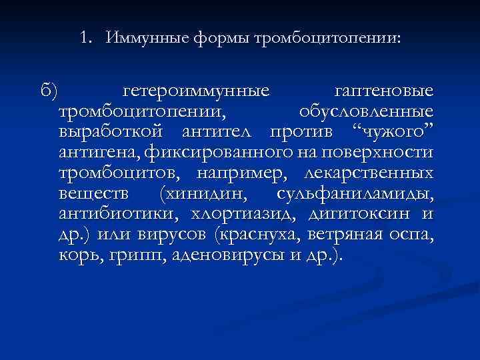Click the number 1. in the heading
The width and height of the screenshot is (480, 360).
point(85,38)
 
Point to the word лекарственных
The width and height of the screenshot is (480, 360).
point(368,174)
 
